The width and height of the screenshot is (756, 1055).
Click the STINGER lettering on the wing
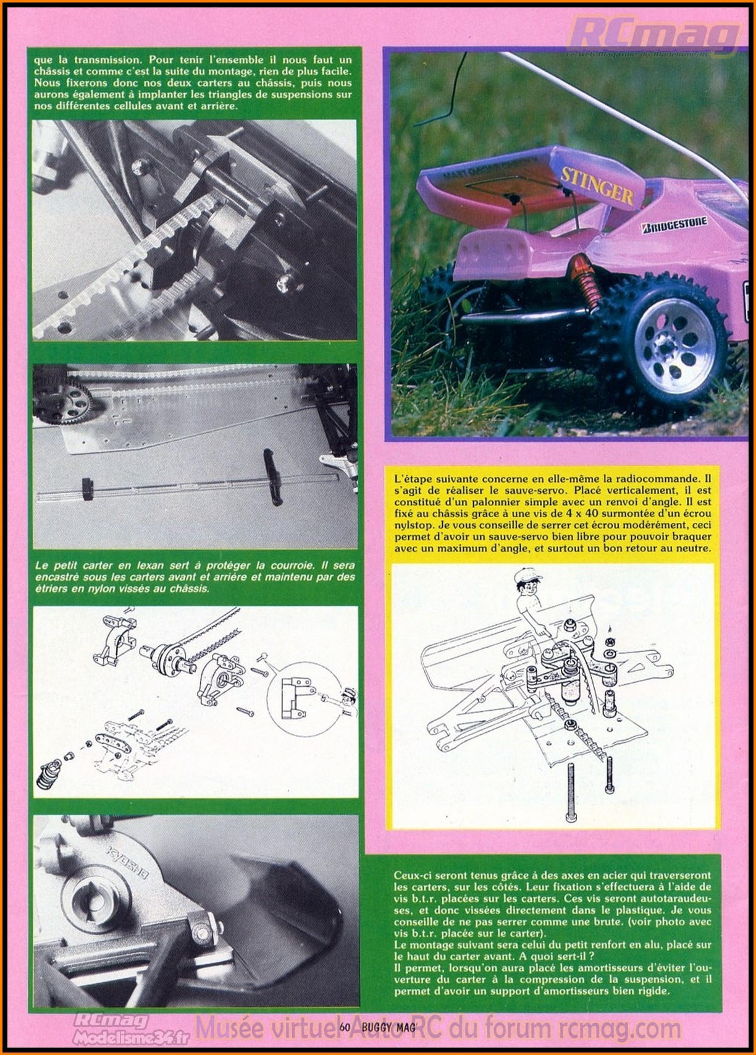[x=597, y=185]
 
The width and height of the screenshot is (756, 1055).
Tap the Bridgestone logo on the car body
[x=674, y=224]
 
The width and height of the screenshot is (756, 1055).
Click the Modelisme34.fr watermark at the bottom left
[x=111, y=1038]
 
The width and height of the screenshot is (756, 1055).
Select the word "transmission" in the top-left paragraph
[x=109, y=59]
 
